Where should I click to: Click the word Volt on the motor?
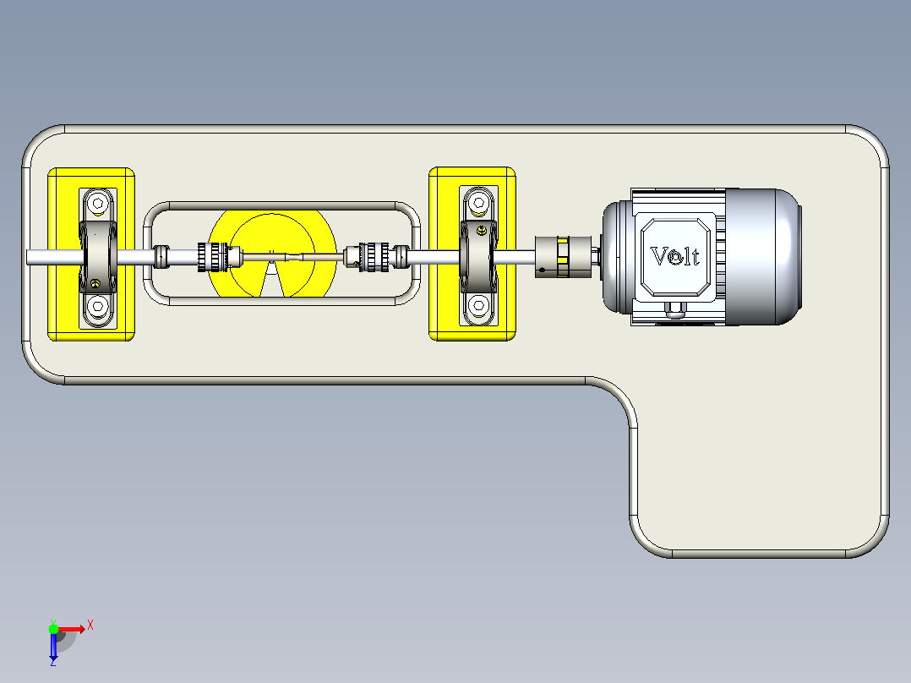click(x=674, y=256)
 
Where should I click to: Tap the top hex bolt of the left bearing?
click(x=98, y=204)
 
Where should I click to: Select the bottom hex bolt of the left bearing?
click(x=98, y=306)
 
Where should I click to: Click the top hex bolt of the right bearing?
click(x=478, y=203)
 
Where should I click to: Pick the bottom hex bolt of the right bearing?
click(x=478, y=304)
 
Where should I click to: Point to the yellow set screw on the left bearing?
click(x=95, y=284)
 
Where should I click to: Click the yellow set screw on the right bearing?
click(x=482, y=231)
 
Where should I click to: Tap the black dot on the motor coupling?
click(x=542, y=270)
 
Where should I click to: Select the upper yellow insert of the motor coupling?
click(x=563, y=241)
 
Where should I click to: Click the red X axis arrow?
click(x=72, y=629)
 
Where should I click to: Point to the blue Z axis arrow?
click(x=53, y=645)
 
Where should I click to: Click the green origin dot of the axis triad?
click(x=53, y=629)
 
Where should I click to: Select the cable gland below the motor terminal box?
click(x=674, y=310)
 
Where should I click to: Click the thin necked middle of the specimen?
click(x=292, y=256)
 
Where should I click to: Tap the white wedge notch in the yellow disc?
click(x=272, y=280)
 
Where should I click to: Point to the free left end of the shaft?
click(x=28, y=257)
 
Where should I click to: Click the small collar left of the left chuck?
click(x=162, y=257)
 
